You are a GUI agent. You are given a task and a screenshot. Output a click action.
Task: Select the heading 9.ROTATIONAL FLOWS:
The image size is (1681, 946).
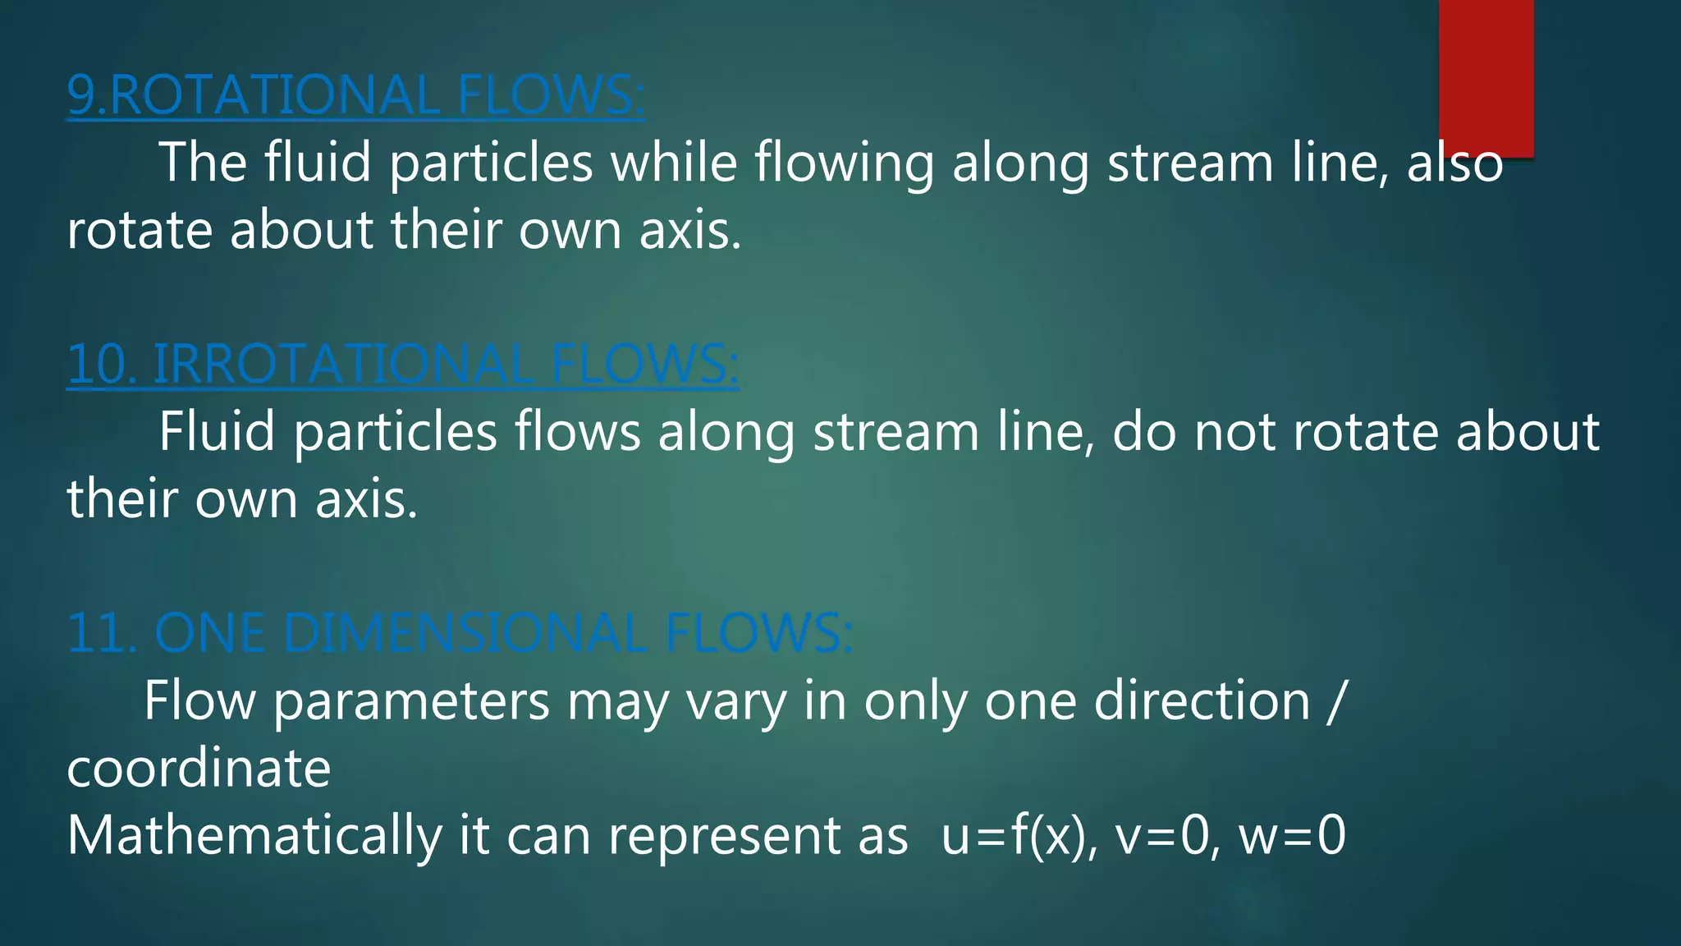coord(355,95)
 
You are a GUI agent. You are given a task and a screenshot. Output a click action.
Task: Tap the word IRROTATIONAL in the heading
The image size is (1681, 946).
coord(343,364)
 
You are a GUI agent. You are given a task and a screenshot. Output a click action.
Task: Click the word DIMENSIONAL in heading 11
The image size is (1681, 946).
coord(464,633)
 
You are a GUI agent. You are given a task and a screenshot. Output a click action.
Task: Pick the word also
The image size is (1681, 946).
coord(1454,162)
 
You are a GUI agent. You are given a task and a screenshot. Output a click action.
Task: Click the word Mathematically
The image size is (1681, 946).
coord(254,836)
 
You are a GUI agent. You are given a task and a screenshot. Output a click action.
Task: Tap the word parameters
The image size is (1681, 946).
coord(411,702)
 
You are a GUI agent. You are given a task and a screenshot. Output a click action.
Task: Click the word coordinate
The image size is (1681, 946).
coord(199,769)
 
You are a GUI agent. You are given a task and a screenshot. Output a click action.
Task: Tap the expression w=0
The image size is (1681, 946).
coord(1291,836)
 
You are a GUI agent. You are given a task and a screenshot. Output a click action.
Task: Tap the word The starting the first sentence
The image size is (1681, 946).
coord(203,162)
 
